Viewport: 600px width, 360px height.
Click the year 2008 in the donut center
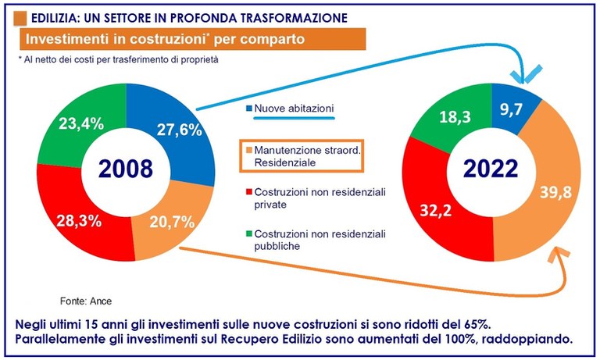125,169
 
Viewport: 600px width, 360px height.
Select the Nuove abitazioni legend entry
282,109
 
